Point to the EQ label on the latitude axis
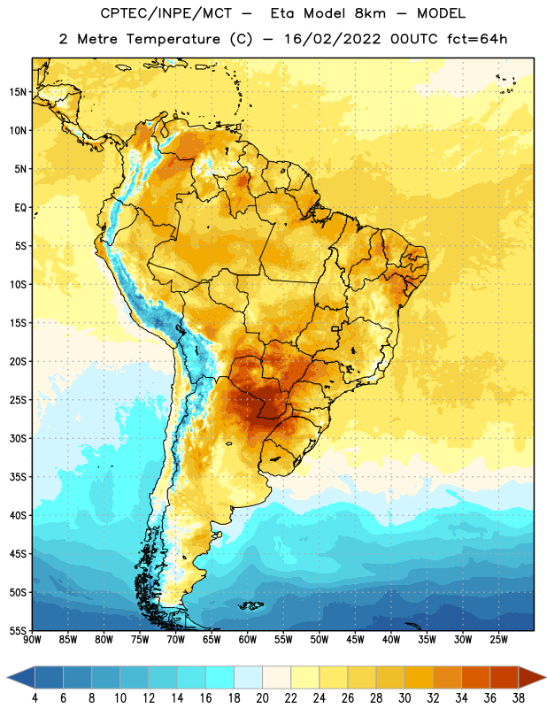(x=20, y=208)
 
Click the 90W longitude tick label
(x=32, y=640)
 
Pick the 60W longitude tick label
(x=248, y=640)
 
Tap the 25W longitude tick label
(x=498, y=640)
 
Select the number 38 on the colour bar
(x=519, y=698)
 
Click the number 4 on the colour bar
(x=35, y=698)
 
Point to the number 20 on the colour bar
(x=262, y=698)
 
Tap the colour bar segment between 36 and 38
(x=505, y=678)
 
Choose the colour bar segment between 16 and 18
(x=220, y=678)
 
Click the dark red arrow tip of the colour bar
(x=544, y=678)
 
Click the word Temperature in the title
(x=173, y=39)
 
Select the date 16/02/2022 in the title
(x=332, y=39)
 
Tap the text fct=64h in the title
(x=477, y=39)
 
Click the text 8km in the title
(x=370, y=13)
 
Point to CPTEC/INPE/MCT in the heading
(x=166, y=13)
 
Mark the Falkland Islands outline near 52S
(x=250, y=605)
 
